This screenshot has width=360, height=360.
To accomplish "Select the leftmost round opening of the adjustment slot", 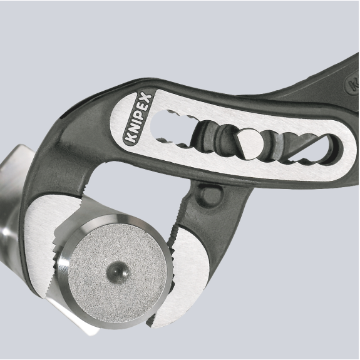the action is pyautogui.click(x=163, y=125).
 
